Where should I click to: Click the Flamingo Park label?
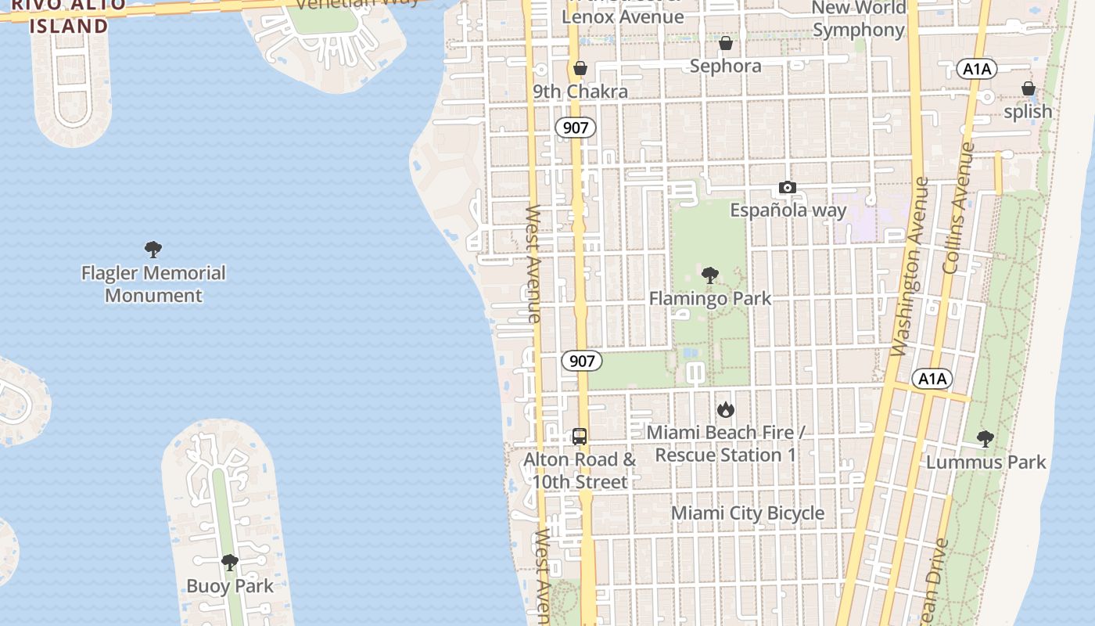pos(709,298)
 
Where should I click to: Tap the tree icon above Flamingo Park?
pos(709,275)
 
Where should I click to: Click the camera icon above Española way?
pos(788,188)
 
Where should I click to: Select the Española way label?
pos(788,210)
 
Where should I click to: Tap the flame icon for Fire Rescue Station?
pos(725,409)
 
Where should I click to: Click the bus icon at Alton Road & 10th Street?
pos(580,437)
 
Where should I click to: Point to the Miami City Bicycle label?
pos(748,513)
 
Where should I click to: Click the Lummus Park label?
pos(985,462)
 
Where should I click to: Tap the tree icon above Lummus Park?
pos(985,439)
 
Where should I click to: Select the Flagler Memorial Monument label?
pos(153,284)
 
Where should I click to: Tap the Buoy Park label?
pos(230,585)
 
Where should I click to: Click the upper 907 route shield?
pos(576,127)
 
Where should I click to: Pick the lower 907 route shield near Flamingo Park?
pos(582,361)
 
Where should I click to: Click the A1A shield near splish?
pos(977,69)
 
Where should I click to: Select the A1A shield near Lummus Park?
pos(932,380)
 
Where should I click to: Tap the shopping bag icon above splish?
pos(1028,88)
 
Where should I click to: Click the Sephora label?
pos(725,66)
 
